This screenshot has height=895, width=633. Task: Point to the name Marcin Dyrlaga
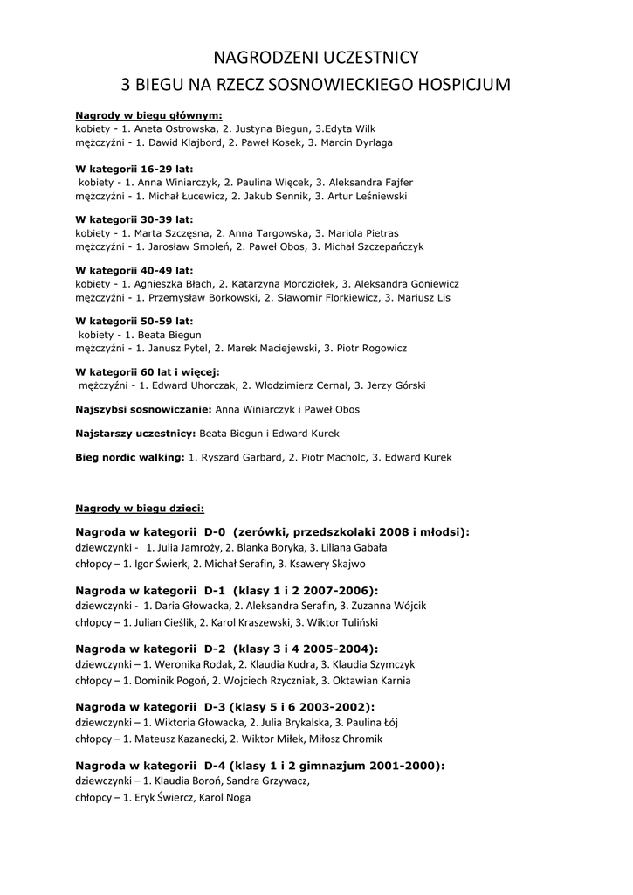coord(357,142)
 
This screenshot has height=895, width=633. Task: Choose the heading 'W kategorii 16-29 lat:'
coord(134,169)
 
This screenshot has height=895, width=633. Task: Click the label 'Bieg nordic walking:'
coord(130,457)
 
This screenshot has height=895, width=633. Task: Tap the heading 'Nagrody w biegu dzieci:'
coord(140,508)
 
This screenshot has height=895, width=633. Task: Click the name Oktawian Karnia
coord(373,680)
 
